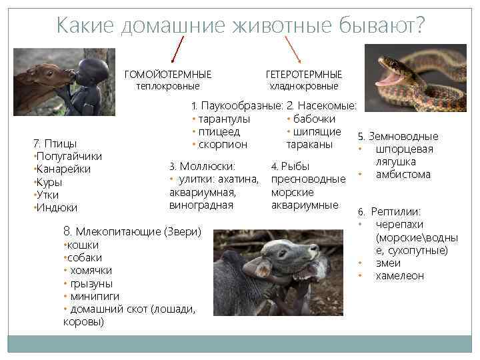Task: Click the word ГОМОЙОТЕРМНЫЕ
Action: pyautogui.click(x=168, y=74)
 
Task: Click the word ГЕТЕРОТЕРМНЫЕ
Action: pyautogui.click(x=303, y=74)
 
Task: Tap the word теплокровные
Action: pyautogui.click(x=168, y=86)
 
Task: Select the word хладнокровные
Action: pyautogui.click(x=303, y=86)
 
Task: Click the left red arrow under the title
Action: pyautogui.click(x=178, y=49)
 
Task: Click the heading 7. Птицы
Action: pyautogui.click(x=55, y=143)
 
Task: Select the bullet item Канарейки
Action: pyautogui.click(x=63, y=169)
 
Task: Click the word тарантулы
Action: pyautogui.click(x=224, y=119)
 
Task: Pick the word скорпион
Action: pyautogui.click(x=223, y=144)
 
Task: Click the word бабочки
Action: pyautogui.click(x=314, y=119)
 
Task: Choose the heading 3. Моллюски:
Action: pyautogui.click(x=202, y=166)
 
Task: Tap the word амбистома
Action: pyautogui.click(x=403, y=175)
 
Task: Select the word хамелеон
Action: pyautogui.click(x=399, y=276)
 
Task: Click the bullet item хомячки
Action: pyautogui.click(x=89, y=271)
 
